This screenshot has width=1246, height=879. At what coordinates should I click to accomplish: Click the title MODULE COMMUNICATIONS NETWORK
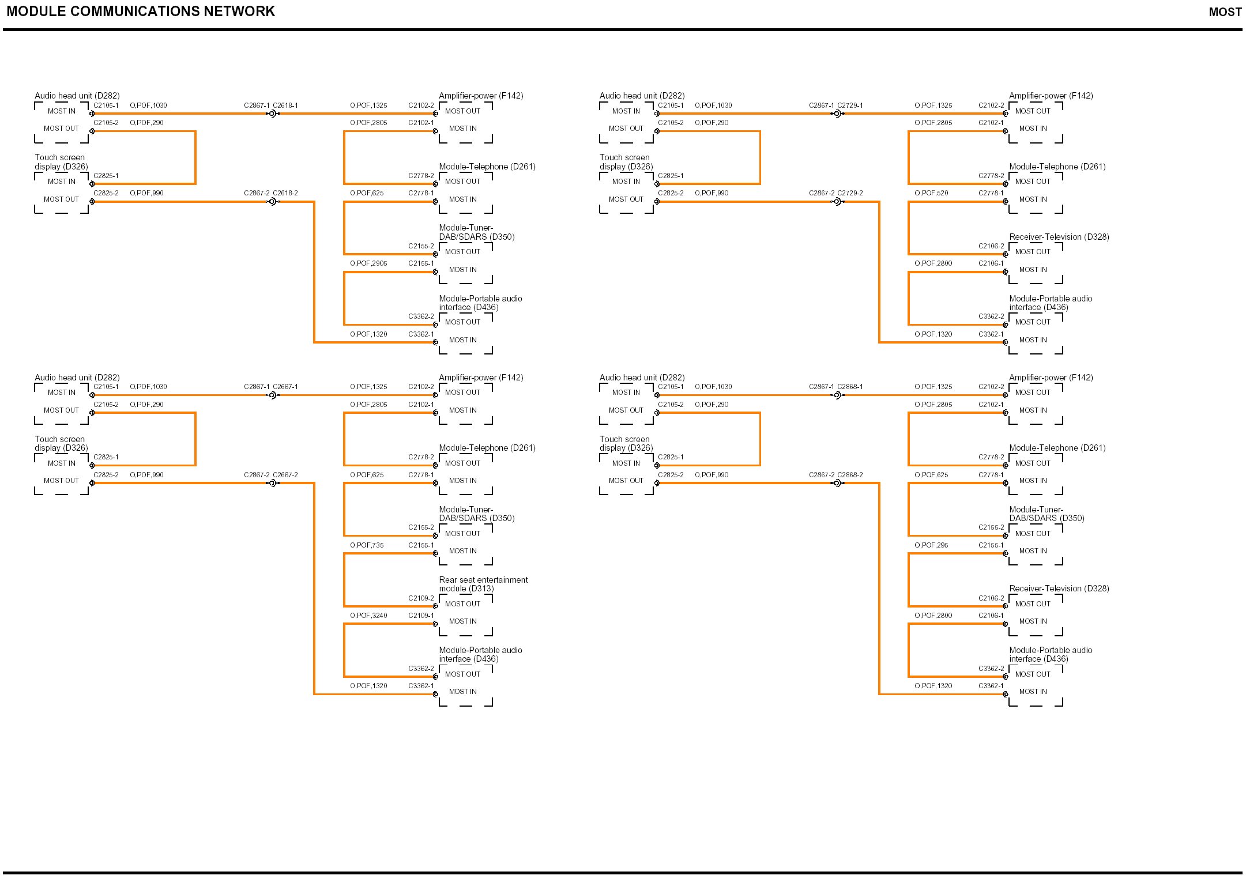point(141,12)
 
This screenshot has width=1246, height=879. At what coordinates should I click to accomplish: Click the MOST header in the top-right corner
point(1225,12)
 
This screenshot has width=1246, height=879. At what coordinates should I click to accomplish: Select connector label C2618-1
point(285,105)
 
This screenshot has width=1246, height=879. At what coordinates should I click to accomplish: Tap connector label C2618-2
point(285,193)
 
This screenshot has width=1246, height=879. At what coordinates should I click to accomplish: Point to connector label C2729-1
point(850,105)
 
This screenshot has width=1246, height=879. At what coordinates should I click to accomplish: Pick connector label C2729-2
point(850,193)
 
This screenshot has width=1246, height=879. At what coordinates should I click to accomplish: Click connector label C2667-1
point(285,387)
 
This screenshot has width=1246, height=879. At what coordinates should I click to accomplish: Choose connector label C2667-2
point(285,475)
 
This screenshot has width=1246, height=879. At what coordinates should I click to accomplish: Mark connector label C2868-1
point(850,387)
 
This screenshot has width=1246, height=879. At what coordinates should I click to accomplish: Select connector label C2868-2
point(850,475)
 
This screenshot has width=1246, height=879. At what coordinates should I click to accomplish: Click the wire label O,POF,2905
point(368,263)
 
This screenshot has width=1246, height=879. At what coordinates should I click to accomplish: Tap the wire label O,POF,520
point(931,193)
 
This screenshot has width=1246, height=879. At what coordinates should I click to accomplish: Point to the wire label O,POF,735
point(367,545)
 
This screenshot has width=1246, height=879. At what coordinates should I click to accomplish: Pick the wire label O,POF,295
point(931,545)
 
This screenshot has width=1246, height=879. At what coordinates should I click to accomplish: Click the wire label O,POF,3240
point(368,616)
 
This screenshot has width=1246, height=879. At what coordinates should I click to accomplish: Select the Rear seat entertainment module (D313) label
point(483,584)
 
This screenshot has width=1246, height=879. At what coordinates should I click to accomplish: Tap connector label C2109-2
point(421,598)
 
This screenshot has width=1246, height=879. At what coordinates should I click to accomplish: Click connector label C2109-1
point(421,616)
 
